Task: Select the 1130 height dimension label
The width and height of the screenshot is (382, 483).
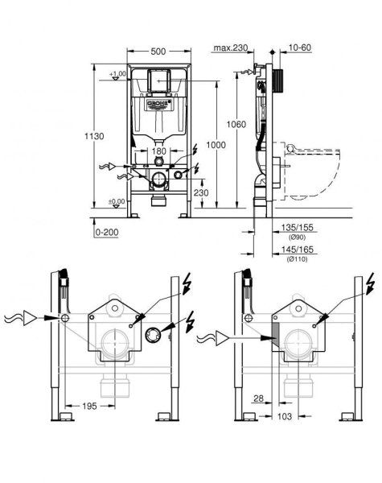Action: (x=95, y=137)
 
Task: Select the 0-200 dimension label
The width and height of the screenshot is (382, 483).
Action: (x=105, y=231)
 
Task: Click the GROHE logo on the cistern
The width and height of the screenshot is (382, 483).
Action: (x=158, y=104)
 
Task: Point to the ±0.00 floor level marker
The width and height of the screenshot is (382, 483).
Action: (x=118, y=201)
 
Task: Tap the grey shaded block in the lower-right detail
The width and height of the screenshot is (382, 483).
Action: (x=274, y=338)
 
